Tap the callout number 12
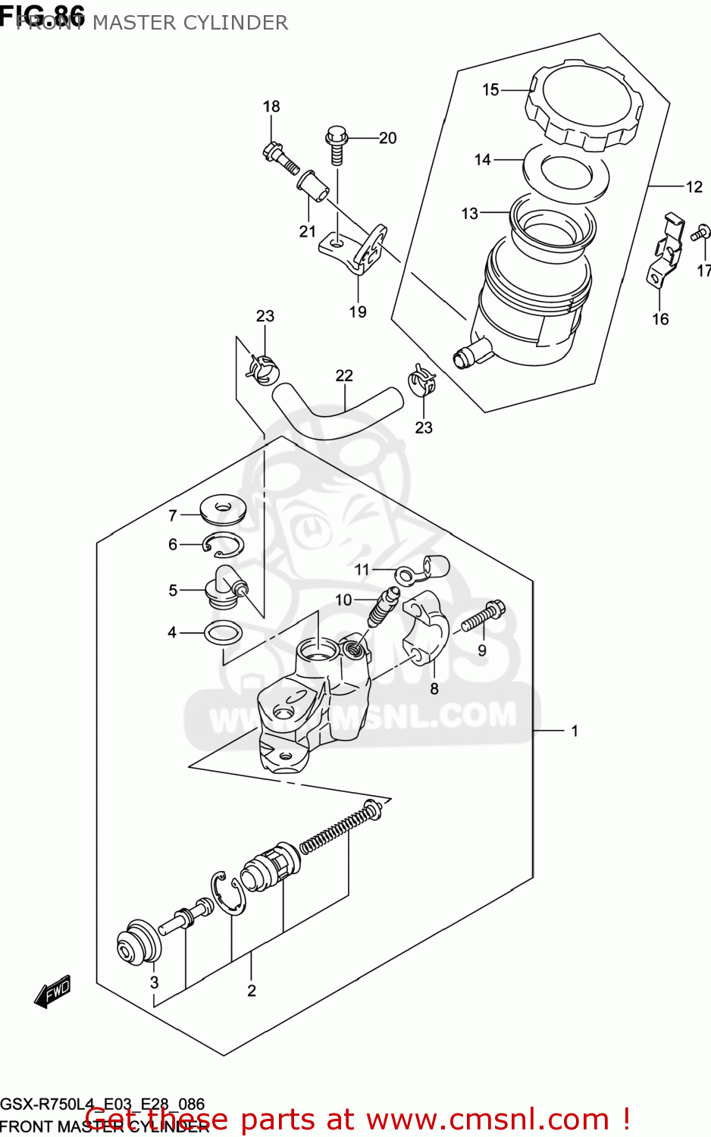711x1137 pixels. (694, 186)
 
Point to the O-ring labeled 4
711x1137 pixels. (224, 631)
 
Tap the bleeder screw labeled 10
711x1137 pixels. (382, 606)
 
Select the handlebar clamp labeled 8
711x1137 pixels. (425, 628)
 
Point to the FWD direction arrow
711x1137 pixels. (53, 991)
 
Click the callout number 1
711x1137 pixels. (575, 731)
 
